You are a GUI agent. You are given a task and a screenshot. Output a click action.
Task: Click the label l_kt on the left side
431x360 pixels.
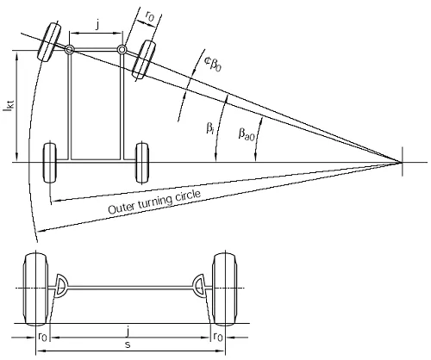[9, 109]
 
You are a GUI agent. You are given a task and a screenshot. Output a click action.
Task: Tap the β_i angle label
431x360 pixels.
[210, 128]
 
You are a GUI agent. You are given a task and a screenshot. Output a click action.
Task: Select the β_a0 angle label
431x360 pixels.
[247, 134]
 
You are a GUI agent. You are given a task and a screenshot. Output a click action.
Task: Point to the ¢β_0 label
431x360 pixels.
[213, 64]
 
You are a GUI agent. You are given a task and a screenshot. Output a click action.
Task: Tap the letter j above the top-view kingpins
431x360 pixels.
[98, 25]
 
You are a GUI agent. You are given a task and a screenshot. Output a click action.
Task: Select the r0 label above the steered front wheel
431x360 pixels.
[149, 16]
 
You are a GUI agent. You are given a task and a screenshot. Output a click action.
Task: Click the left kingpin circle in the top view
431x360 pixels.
[69, 50]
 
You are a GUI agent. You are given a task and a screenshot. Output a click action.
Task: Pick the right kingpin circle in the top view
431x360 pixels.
[122, 50]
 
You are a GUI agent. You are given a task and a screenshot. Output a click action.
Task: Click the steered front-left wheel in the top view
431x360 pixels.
[49, 42]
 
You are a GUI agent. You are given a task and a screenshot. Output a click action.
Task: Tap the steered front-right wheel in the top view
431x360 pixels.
[144, 59]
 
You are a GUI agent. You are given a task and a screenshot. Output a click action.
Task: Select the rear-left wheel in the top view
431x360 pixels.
[50, 163]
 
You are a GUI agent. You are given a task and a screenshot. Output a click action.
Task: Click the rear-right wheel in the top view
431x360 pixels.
[142, 163]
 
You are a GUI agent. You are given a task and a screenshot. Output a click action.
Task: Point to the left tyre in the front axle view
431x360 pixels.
[35, 289]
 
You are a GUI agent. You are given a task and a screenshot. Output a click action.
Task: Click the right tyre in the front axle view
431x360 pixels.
[225, 289]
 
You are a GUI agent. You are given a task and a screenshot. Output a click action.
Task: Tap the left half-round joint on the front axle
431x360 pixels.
[62, 286]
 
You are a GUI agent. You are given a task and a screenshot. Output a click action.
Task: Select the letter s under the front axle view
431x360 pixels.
[128, 344]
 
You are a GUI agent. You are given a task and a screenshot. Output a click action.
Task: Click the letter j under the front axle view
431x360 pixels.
[128, 332]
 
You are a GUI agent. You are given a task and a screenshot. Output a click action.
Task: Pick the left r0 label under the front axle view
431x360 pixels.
[42, 337]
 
